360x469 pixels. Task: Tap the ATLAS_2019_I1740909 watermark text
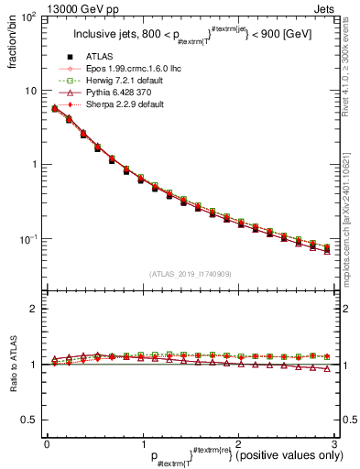click(x=191, y=273)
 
